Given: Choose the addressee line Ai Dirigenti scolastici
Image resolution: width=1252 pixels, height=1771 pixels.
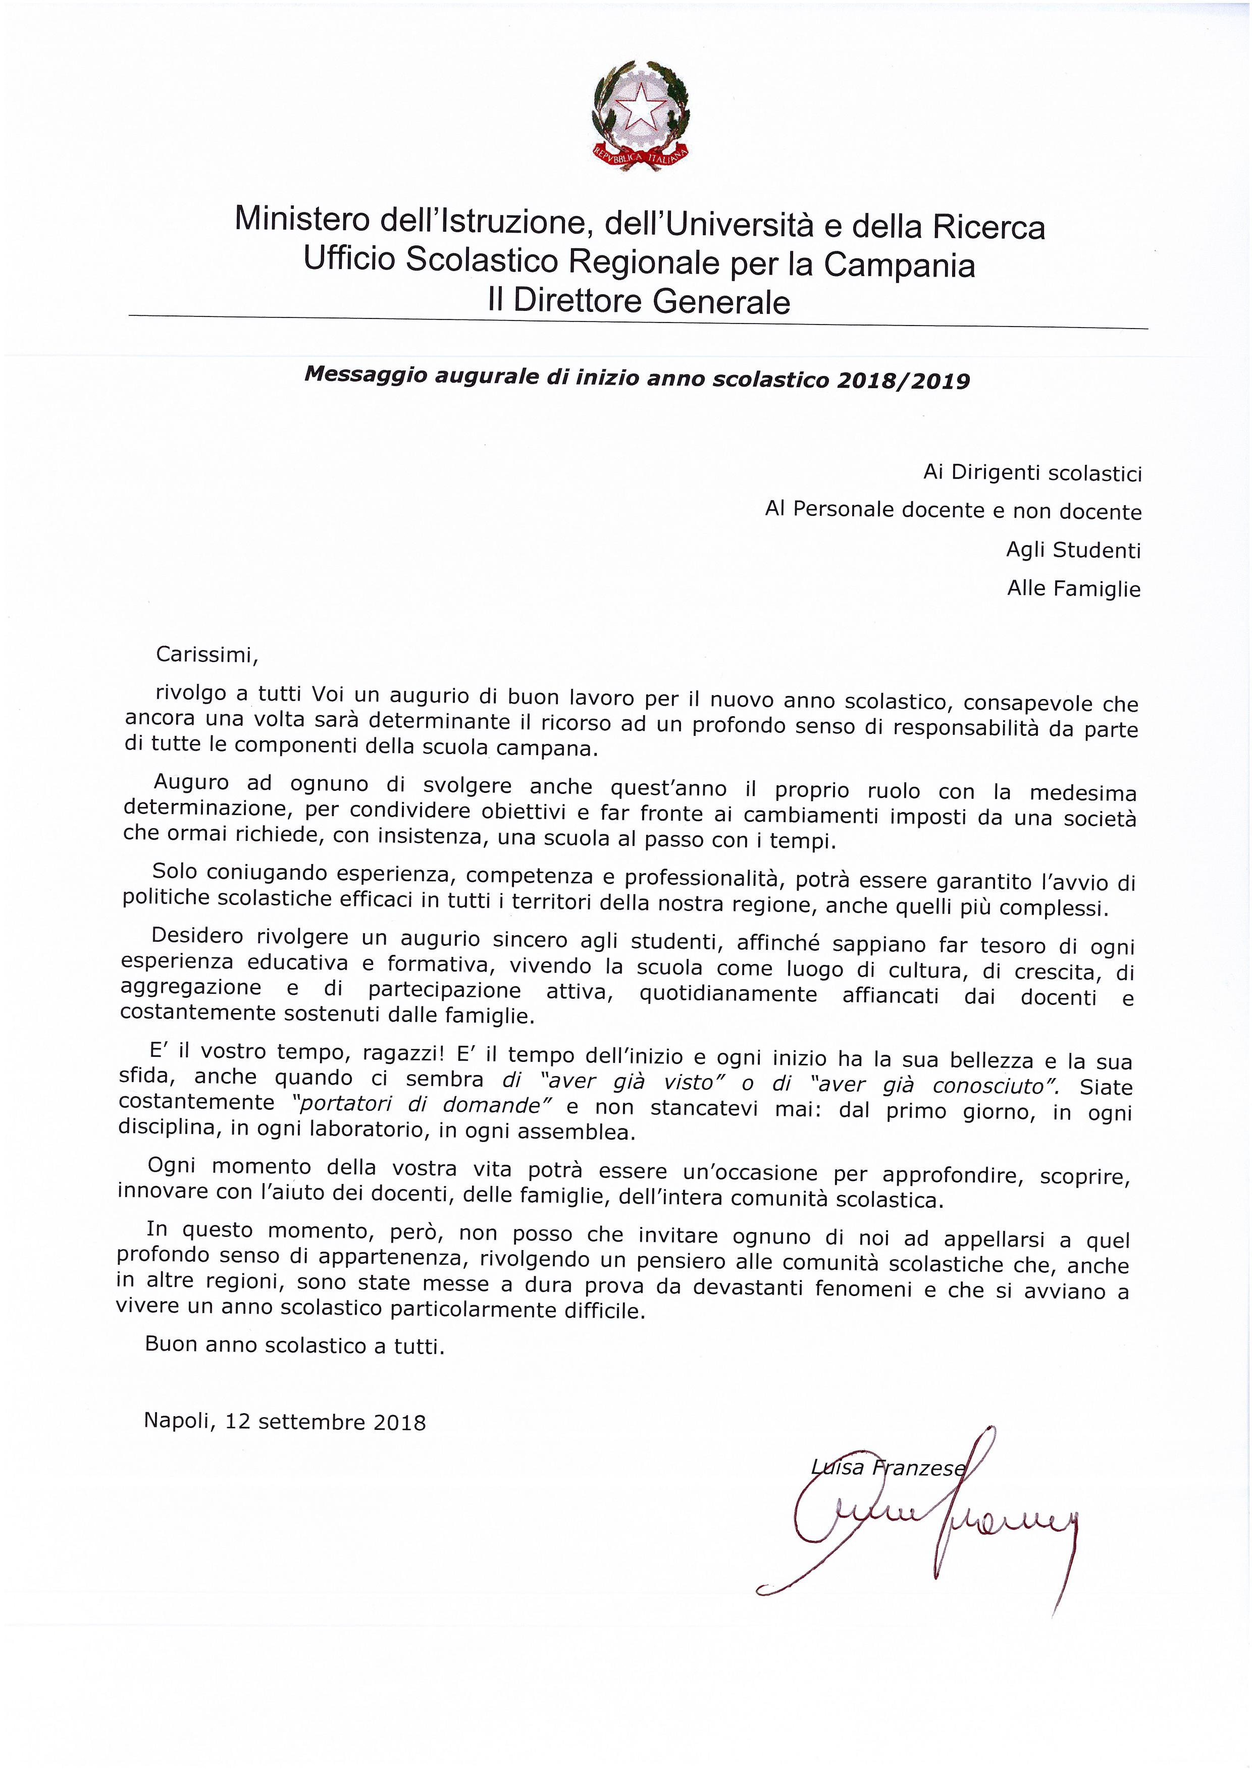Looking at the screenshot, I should (1032, 473).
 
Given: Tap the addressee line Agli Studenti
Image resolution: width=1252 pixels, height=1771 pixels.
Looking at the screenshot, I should (1073, 550).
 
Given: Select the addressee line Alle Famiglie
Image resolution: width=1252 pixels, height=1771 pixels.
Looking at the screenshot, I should (1073, 589).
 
